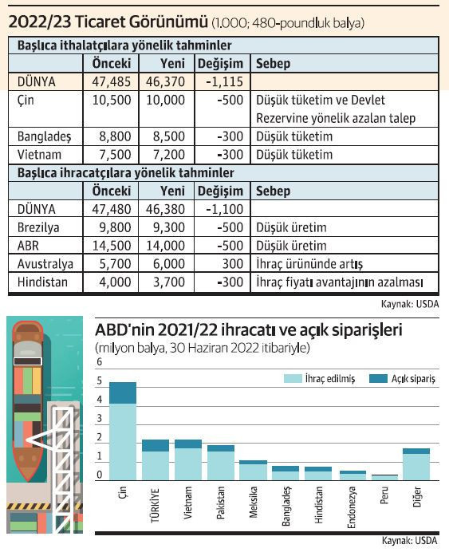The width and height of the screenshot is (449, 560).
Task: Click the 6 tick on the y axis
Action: pyautogui.click(x=100, y=362)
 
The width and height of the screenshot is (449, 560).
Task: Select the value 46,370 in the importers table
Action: pyautogui.click(x=165, y=81)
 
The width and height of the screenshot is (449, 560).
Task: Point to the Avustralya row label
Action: pyautogui.click(x=45, y=264)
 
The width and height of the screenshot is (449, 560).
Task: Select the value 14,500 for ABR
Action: pyautogui.click(x=110, y=246)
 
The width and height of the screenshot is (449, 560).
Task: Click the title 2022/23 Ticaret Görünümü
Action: pyautogui.click(x=111, y=22)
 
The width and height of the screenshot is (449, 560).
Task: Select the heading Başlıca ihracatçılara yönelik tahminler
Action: pyautogui.click(x=125, y=173)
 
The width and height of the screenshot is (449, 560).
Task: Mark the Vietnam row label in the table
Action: pyautogui.click(x=38, y=155)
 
